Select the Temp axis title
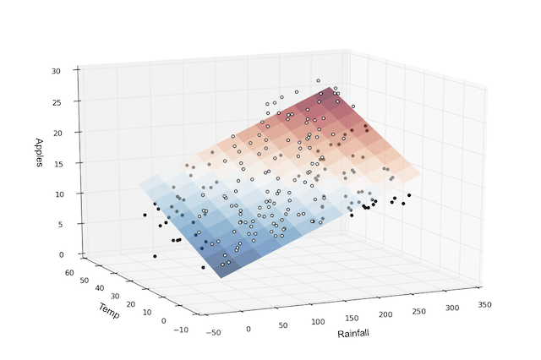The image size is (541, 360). point(108,310)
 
